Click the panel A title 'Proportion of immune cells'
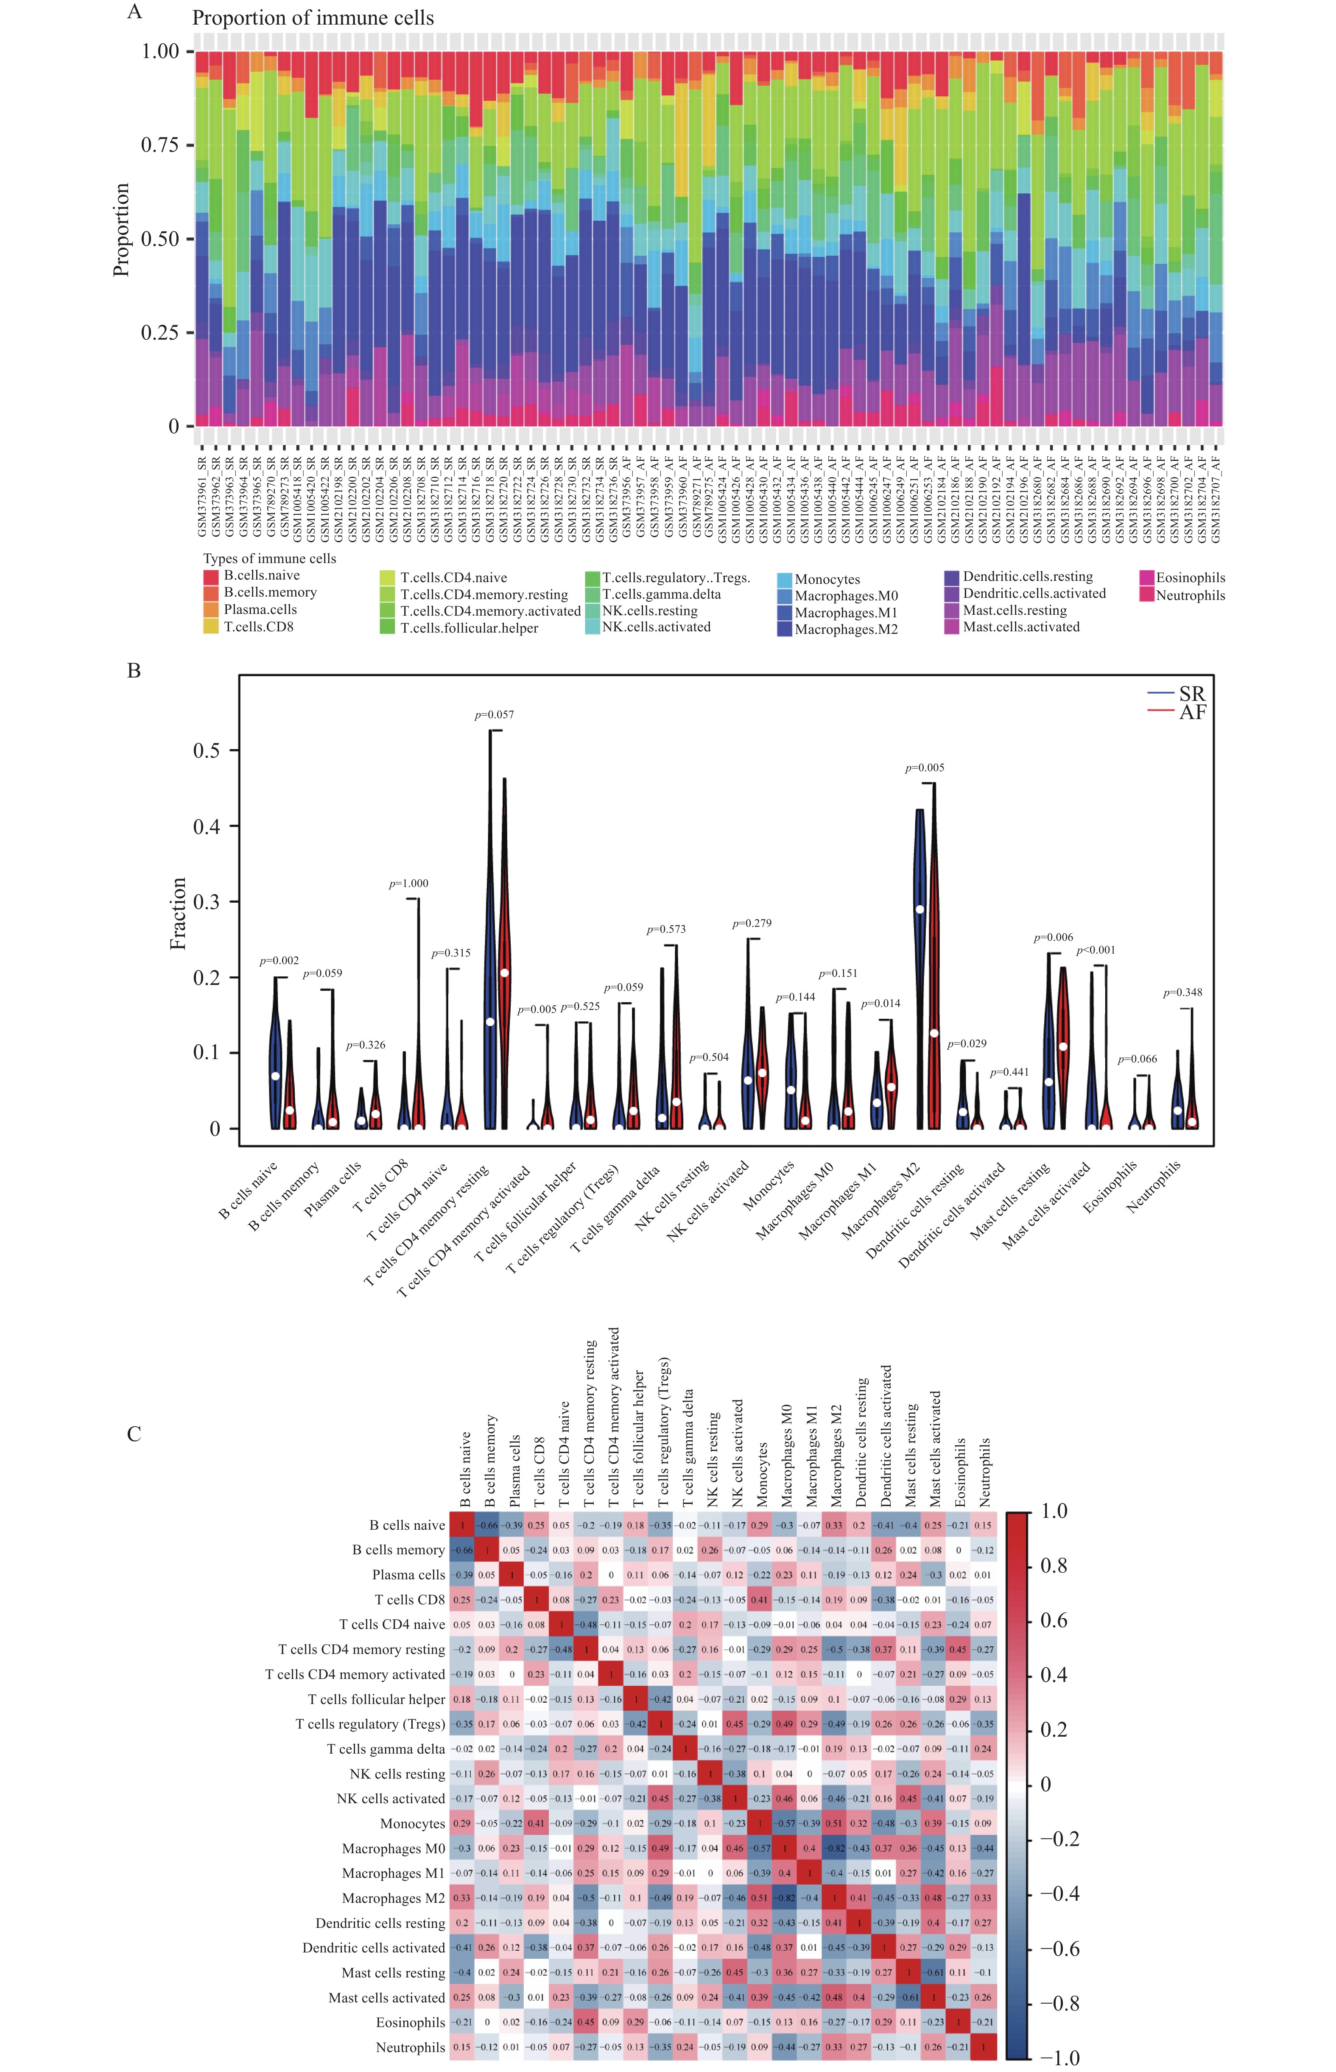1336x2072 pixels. pyautogui.click(x=312, y=18)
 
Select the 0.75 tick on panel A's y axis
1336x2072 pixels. pyautogui.click(x=160, y=145)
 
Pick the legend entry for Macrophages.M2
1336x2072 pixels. pyautogui.click(x=846, y=630)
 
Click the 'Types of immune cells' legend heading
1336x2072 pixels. pyautogui.click(x=269, y=558)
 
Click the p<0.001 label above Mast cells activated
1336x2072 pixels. pyautogui.click(x=1096, y=950)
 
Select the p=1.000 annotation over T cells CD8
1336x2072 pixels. pyautogui.click(x=408, y=884)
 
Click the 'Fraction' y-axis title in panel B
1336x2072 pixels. pyautogui.click(x=178, y=913)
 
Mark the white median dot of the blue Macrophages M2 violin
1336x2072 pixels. pyautogui.click(x=920, y=909)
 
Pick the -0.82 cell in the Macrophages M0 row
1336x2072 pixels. pyautogui.click(x=835, y=1848)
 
